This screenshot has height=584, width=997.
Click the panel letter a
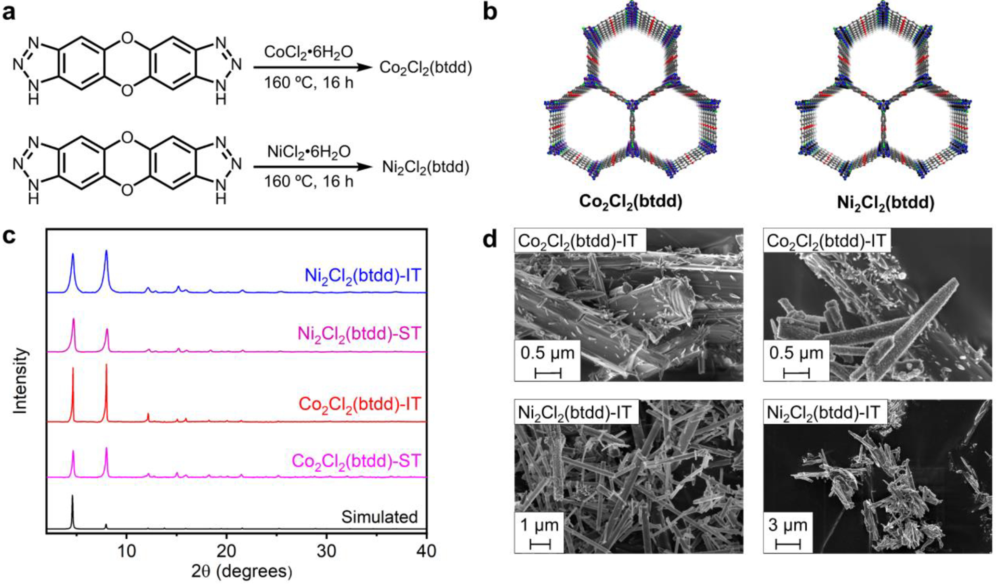[9, 12]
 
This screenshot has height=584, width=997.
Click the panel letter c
[9, 237]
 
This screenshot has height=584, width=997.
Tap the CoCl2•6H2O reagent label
[308, 52]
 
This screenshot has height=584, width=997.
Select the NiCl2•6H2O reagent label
[309, 152]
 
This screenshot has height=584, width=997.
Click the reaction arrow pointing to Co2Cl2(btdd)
[313, 68]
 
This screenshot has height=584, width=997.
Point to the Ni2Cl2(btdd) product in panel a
[425, 168]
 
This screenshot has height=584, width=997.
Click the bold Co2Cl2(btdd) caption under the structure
[630, 202]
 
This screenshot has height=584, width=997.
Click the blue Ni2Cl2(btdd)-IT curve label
[363, 276]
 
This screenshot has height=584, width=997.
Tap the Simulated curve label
[380, 517]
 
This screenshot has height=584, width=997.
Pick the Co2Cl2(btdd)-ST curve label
[356, 461]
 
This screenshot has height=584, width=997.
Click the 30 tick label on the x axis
[327, 551]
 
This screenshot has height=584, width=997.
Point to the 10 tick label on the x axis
[126, 551]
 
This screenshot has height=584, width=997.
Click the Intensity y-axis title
[20, 381]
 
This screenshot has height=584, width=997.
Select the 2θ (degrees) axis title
[241, 571]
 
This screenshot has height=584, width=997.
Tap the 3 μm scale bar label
[787, 525]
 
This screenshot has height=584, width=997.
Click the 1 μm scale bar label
[539, 525]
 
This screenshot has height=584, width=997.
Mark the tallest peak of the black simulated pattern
[72, 496]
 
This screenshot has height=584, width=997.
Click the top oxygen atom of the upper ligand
[127, 37]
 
